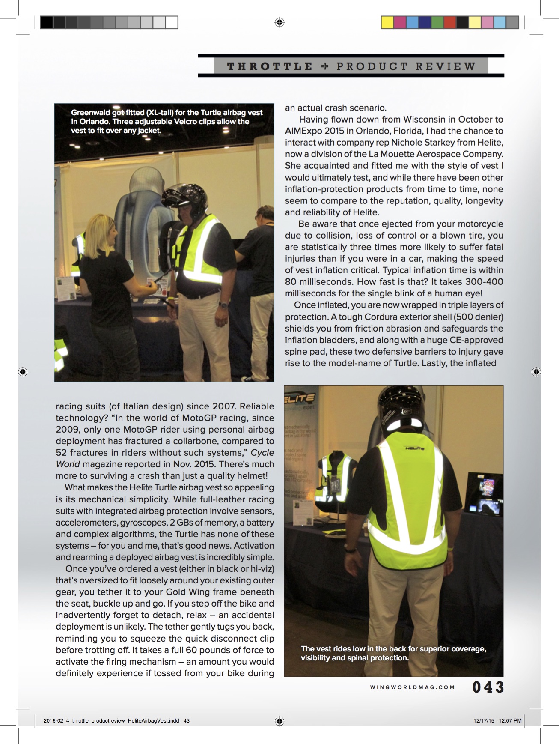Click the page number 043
(488, 687)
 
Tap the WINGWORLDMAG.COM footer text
(412, 687)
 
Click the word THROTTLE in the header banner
(270, 66)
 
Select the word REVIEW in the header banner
(445, 66)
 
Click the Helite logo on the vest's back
(414, 448)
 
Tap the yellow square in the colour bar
(387, 22)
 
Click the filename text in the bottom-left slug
(111, 721)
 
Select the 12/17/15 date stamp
(484, 721)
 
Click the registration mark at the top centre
(279, 22)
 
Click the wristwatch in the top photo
(222, 305)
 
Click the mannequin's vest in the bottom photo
(336, 475)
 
